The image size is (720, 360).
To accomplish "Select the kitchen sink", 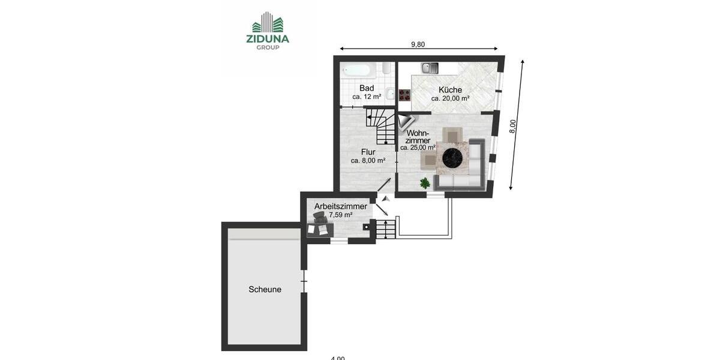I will pyautogui.click(x=430, y=68).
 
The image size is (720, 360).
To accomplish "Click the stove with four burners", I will pyautogui.click(x=404, y=94).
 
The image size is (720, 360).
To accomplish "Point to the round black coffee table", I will pyautogui.click(x=453, y=158).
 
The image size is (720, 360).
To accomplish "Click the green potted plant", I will pyautogui.click(x=425, y=182).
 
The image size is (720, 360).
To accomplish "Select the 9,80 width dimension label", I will pyautogui.click(x=418, y=44).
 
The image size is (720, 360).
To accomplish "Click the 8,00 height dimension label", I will pyautogui.click(x=513, y=126).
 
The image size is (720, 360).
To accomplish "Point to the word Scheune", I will pyautogui.click(x=265, y=289).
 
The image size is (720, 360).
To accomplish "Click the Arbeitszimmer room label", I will pyautogui.click(x=341, y=206).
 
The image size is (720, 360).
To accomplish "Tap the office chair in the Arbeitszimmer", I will pyautogui.click(x=320, y=217).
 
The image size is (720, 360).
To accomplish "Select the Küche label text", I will pyautogui.click(x=450, y=90).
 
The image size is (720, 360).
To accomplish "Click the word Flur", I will pyautogui.click(x=368, y=152).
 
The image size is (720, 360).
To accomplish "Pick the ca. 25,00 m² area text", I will pyautogui.click(x=418, y=148).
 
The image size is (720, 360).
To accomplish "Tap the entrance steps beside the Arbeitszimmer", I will pyautogui.click(x=386, y=229).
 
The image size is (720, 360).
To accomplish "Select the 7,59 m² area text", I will pyautogui.click(x=341, y=215).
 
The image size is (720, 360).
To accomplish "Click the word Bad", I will pyautogui.click(x=367, y=88).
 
